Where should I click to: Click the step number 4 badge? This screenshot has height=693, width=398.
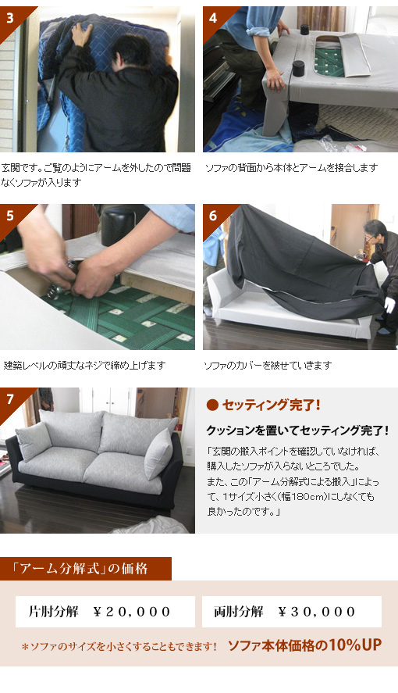[x=213, y=18]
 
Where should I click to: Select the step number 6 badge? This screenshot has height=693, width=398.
[x=213, y=216]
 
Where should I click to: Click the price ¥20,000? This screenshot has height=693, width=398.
[x=131, y=612]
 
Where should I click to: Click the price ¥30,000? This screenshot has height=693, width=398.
[x=317, y=612]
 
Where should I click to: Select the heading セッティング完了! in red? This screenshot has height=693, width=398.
[x=271, y=405]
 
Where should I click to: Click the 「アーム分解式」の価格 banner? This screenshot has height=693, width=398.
[x=86, y=569]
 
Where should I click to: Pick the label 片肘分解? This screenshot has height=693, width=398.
[x=53, y=612]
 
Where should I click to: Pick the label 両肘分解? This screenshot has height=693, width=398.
[x=239, y=612]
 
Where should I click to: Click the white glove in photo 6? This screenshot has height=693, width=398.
[x=389, y=305]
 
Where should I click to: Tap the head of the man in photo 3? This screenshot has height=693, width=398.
[x=130, y=51]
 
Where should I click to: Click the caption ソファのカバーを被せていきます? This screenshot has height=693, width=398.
[x=268, y=366]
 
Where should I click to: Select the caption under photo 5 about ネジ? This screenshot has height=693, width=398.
[x=84, y=366]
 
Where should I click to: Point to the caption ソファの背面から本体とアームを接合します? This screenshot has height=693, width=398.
[x=291, y=168]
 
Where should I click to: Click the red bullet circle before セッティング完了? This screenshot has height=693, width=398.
[x=212, y=405]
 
